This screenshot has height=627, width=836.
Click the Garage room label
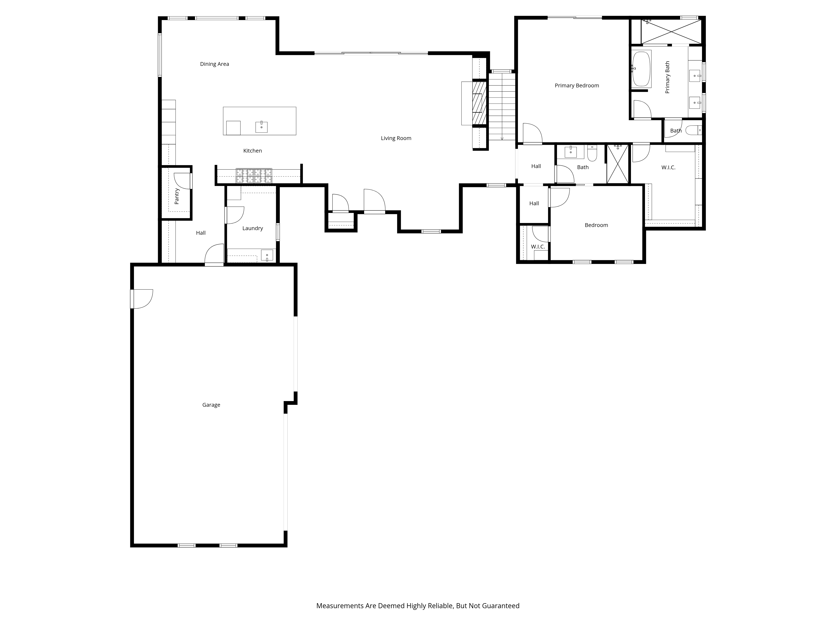point(211,405)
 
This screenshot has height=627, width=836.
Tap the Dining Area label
point(214,64)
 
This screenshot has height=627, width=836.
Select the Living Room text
point(396,138)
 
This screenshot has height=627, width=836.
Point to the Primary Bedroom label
point(577,85)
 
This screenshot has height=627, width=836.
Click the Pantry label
point(176,196)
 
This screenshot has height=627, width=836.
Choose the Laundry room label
point(252,228)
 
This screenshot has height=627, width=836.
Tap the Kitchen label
point(252,151)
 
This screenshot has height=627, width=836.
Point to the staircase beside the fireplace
point(502,107)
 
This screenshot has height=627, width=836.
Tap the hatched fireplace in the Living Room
point(479,103)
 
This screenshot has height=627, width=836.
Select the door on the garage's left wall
point(141,299)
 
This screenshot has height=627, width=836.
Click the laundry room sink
point(267,255)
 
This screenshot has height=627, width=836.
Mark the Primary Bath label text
point(667,78)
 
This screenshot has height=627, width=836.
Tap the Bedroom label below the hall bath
point(596,225)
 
